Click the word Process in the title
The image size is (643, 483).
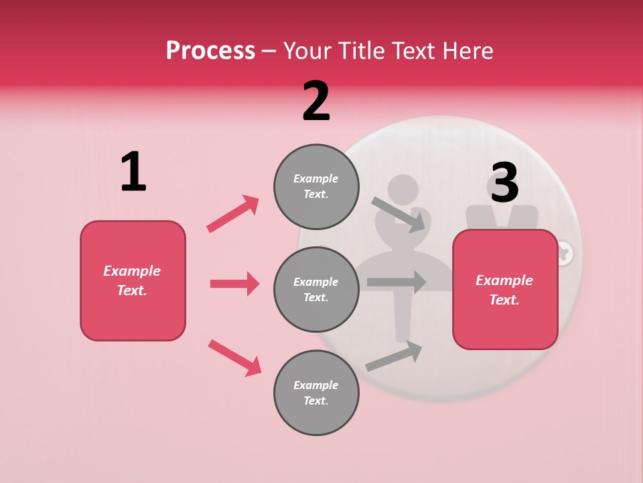(x=210, y=51)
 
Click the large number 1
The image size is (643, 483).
(x=133, y=172)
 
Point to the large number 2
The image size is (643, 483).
(x=316, y=102)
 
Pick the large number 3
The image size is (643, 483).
(x=504, y=182)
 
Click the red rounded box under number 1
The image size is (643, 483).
(x=133, y=280)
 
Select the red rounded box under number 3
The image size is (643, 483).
(x=505, y=290)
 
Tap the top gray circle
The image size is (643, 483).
(x=316, y=186)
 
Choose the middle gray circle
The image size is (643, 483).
(x=316, y=290)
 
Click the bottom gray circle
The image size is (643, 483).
(x=316, y=393)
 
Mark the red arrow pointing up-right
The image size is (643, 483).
(x=233, y=213)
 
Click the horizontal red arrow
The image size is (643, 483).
(x=234, y=284)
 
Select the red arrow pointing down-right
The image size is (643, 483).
(x=235, y=357)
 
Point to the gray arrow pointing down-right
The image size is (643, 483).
(x=399, y=215)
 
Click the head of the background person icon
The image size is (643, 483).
(x=403, y=192)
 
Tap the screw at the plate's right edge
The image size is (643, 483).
(x=564, y=253)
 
